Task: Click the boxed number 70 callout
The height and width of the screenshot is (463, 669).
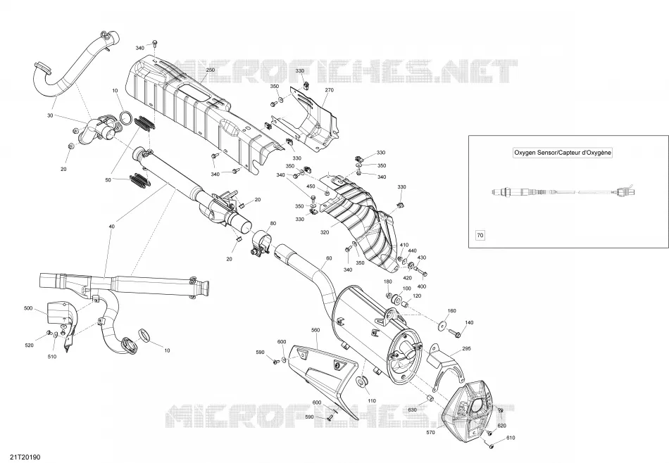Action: [480, 235]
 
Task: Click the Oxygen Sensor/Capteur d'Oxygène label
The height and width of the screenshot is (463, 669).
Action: [563, 153]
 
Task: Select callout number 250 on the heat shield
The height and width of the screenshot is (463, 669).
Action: [211, 70]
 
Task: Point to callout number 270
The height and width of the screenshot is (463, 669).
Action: [329, 90]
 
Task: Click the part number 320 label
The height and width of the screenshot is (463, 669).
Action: [325, 232]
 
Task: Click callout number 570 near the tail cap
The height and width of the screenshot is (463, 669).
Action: [430, 433]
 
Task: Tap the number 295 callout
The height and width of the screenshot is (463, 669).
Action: [466, 349]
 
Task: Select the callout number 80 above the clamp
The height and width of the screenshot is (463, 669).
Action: [273, 223]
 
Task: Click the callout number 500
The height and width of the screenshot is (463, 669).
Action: [28, 308]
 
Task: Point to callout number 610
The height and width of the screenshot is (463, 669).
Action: [511, 438]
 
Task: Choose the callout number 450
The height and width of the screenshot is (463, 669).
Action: [311, 186]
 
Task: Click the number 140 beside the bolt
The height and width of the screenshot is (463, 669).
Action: [469, 323]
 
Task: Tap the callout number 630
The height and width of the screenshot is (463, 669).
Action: [412, 410]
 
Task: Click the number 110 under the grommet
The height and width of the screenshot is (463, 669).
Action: [372, 401]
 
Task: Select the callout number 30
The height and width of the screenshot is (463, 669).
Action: [50, 115]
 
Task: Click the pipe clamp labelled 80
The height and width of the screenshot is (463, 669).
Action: [261, 243]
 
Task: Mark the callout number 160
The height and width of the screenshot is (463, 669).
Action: [451, 311]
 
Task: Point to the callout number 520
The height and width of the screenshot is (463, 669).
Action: [29, 345]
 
